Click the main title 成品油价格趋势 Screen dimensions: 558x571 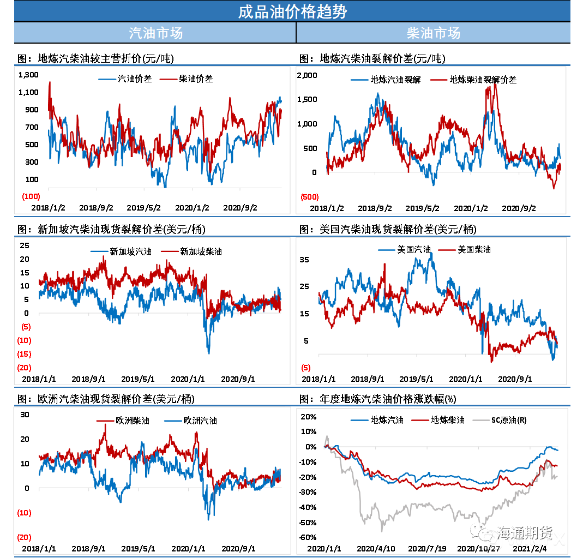292,11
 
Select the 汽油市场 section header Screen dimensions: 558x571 155,33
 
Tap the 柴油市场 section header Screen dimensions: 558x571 434,33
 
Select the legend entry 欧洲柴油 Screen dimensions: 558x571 132,421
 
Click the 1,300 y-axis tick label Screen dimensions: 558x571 28,75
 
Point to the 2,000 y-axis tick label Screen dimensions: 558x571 307,75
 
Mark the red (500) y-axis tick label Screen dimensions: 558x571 310,197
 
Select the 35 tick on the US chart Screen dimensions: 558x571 304,260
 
